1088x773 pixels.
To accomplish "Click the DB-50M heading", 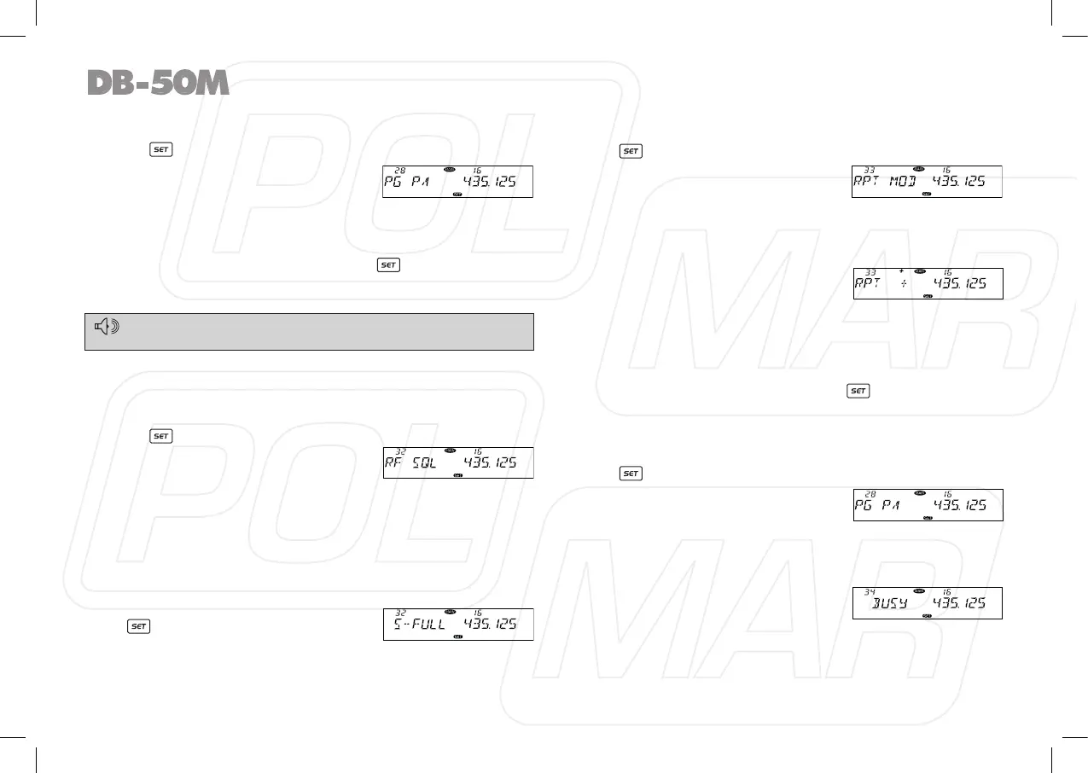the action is coord(158,83).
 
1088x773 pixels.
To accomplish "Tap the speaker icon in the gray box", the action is coord(108,326).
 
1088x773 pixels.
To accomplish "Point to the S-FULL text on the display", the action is coord(420,625).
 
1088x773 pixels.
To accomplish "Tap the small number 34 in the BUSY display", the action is coord(870,591).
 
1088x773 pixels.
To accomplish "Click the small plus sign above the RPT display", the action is coord(900,270).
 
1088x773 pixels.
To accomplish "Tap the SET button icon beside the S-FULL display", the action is coord(139,626).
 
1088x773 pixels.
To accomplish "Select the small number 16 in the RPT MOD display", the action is coord(946,170).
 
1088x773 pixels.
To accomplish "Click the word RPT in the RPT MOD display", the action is coord(868,182).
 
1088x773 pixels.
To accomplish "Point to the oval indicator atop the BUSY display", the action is coord(919,590).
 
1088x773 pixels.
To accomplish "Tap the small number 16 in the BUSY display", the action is coord(946,591).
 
